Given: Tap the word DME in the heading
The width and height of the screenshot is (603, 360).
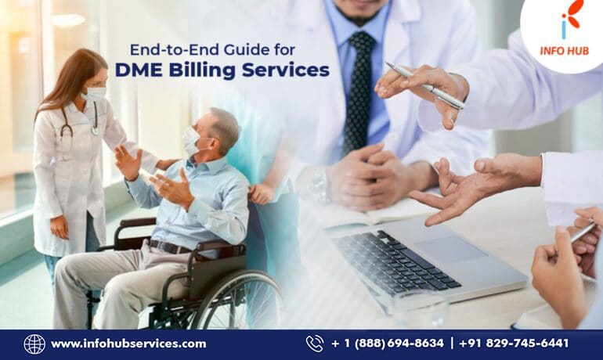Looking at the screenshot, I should (x=137, y=70).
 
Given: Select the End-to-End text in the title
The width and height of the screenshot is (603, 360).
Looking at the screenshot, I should (x=167, y=49).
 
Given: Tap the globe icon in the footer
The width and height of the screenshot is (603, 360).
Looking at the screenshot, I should (x=34, y=344).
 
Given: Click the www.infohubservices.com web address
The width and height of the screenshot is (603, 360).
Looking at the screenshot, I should (x=128, y=344).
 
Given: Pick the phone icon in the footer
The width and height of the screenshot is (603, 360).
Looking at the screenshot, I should (x=315, y=344).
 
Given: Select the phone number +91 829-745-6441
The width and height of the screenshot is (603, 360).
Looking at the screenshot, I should (x=514, y=344).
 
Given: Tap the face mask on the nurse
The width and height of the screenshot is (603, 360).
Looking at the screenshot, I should (x=95, y=93).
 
